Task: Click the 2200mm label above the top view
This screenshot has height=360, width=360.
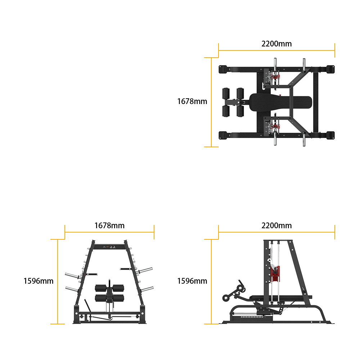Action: click(x=276, y=44)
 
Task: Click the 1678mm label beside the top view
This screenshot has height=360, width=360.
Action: click(x=192, y=101)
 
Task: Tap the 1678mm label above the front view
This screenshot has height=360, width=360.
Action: click(x=109, y=225)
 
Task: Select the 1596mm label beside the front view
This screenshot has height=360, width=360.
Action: click(x=39, y=281)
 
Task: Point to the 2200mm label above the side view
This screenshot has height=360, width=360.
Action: click(x=276, y=225)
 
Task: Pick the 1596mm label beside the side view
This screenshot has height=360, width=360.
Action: click(x=192, y=281)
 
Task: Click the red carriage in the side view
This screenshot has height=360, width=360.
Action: click(x=275, y=274)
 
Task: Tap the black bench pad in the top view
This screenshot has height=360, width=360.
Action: click(x=280, y=102)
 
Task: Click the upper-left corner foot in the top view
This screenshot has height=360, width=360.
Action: click(x=223, y=69)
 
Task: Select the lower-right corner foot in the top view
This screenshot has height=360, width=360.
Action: click(x=330, y=135)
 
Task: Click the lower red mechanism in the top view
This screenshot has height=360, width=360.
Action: click(x=275, y=126)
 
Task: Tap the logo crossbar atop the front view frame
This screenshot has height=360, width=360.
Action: click(x=109, y=247)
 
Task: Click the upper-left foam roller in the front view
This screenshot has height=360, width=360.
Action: click(x=101, y=288)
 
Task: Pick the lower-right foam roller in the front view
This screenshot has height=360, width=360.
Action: click(x=118, y=298)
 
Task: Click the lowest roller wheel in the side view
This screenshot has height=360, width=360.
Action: click(x=226, y=298)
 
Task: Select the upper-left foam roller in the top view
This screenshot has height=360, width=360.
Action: click(x=226, y=93)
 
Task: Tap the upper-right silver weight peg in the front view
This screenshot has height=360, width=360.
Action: click(x=145, y=270)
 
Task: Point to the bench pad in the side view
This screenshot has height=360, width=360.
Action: click(x=280, y=297)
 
